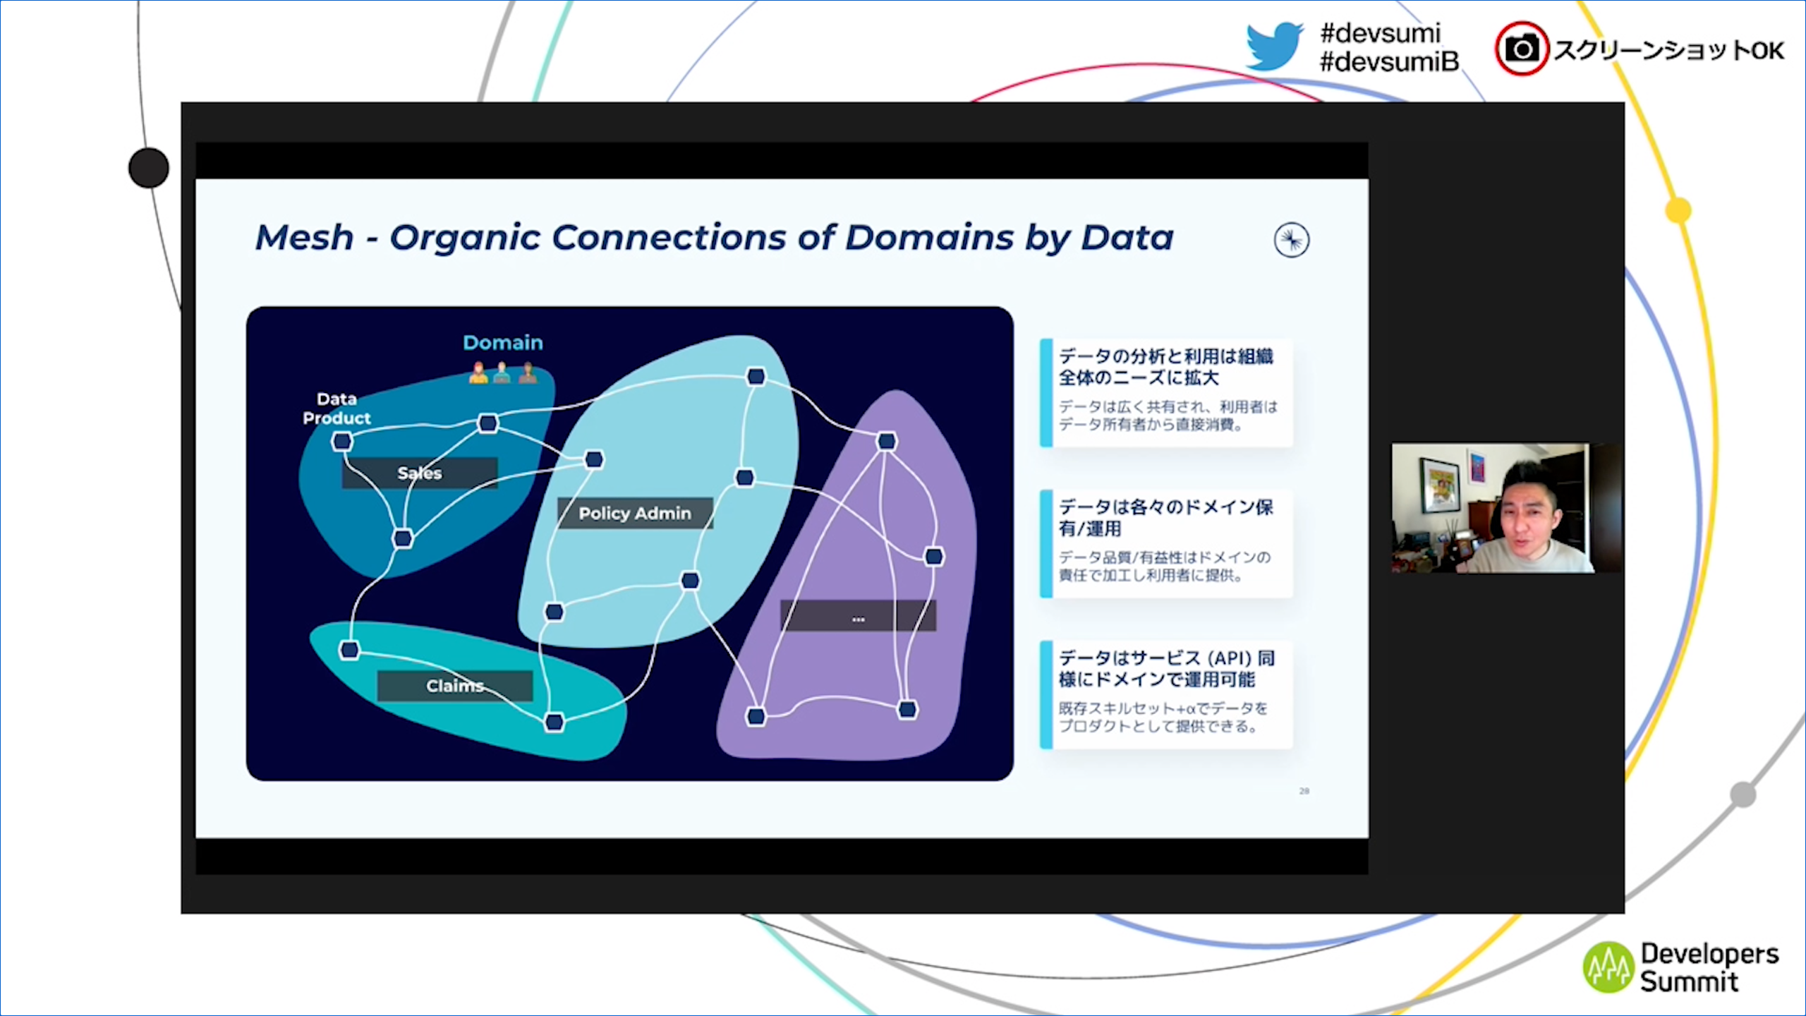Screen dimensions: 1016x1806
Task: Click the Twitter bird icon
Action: pyautogui.click(x=1273, y=46)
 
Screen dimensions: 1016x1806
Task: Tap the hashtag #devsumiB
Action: pyautogui.click(x=1388, y=62)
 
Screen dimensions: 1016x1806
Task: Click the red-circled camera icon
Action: pyautogui.click(x=1522, y=49)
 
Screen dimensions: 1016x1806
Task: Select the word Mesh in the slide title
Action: pyautogui.click(x=304, y=237)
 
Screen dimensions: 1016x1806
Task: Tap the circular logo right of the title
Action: pyautogui.click(x=1291, y=241)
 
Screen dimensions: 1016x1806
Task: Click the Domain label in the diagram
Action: pyautogui.click(x=502, y=343)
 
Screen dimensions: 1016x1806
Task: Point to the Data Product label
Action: pyautogui.click(x=337, y=409)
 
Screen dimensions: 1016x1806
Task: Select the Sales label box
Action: pyautogui.click(x=420, y=473)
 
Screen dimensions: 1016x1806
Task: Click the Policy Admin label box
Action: pyautogui.click(x=634, y=513)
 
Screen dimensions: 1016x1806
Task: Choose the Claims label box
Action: pyautogui.click(x=454, y=685)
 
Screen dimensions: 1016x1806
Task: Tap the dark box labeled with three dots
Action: pyautogui.click(x=858, y=616)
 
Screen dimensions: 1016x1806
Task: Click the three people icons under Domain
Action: pyautogui.click(x=502, y=373)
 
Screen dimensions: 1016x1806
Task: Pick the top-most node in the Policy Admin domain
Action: pyautogui.click(x=756, y=376)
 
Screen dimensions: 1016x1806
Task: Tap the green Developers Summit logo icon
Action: pyautogui.click(x=1608, y=967)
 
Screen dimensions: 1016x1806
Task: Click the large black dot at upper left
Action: pyautogui.click(x=149, y=168)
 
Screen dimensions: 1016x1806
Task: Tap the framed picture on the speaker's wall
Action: pyautogui.click(x=1439, y=485)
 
